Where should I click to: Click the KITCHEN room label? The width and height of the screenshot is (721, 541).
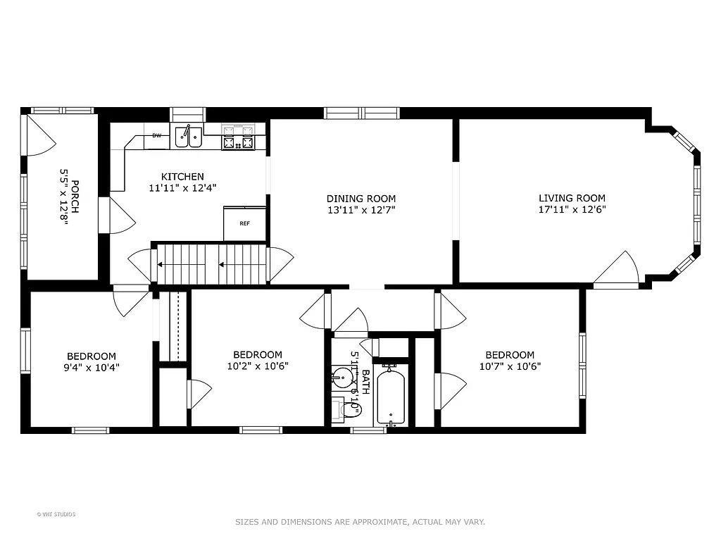[x=182, y=177]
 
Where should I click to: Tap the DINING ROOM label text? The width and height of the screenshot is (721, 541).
[x=361, y=199]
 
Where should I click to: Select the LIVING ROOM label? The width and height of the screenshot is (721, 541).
[x=572, y=198]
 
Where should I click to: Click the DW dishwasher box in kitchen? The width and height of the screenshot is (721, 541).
[x=156, y=135]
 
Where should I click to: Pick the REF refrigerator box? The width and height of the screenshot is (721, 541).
[x=245, y=223]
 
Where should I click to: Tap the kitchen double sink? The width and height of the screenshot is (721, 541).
[x=188, y=136]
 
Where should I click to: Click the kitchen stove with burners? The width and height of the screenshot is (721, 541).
[x=238, y=137]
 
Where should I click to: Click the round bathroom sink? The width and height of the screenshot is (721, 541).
[x=342, y=378]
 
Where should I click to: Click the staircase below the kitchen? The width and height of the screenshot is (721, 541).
[x=211, y=265]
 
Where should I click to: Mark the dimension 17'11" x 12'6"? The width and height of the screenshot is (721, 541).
[x=572, y=209]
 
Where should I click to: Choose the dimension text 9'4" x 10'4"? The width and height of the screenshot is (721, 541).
[x=92, y=366]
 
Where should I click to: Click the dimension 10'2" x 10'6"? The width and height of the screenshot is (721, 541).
[x=258, y=366]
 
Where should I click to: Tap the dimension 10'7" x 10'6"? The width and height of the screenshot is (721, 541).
[x=509, y=366]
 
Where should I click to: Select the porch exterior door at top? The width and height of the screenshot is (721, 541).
[x=40, y=137]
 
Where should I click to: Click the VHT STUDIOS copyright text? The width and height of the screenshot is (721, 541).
[x=56, y=514]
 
